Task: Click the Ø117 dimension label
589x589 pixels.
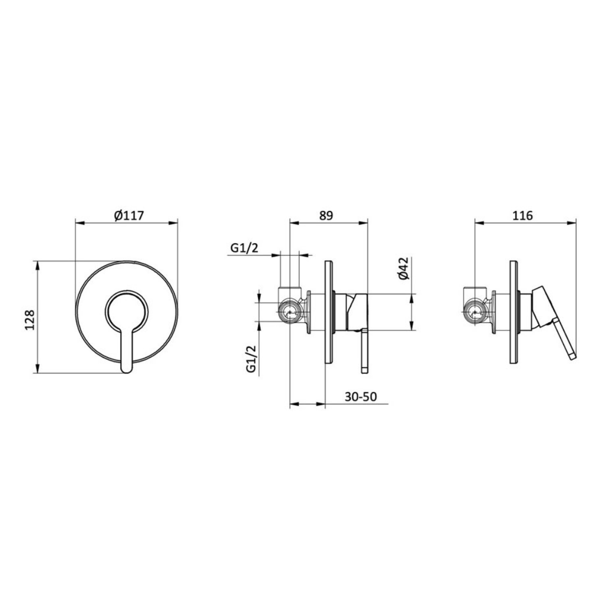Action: [x=129, y=216]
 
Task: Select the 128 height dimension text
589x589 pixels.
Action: [x=29, y=320]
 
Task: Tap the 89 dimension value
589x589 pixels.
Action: [x=326, y=216]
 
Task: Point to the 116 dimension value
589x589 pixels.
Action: [x=522, y=216]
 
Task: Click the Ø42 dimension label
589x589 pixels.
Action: [x=403, y=269]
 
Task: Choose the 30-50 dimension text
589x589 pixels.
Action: [x=360, y=396]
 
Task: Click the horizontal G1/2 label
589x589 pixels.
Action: [x=244, y=248]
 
